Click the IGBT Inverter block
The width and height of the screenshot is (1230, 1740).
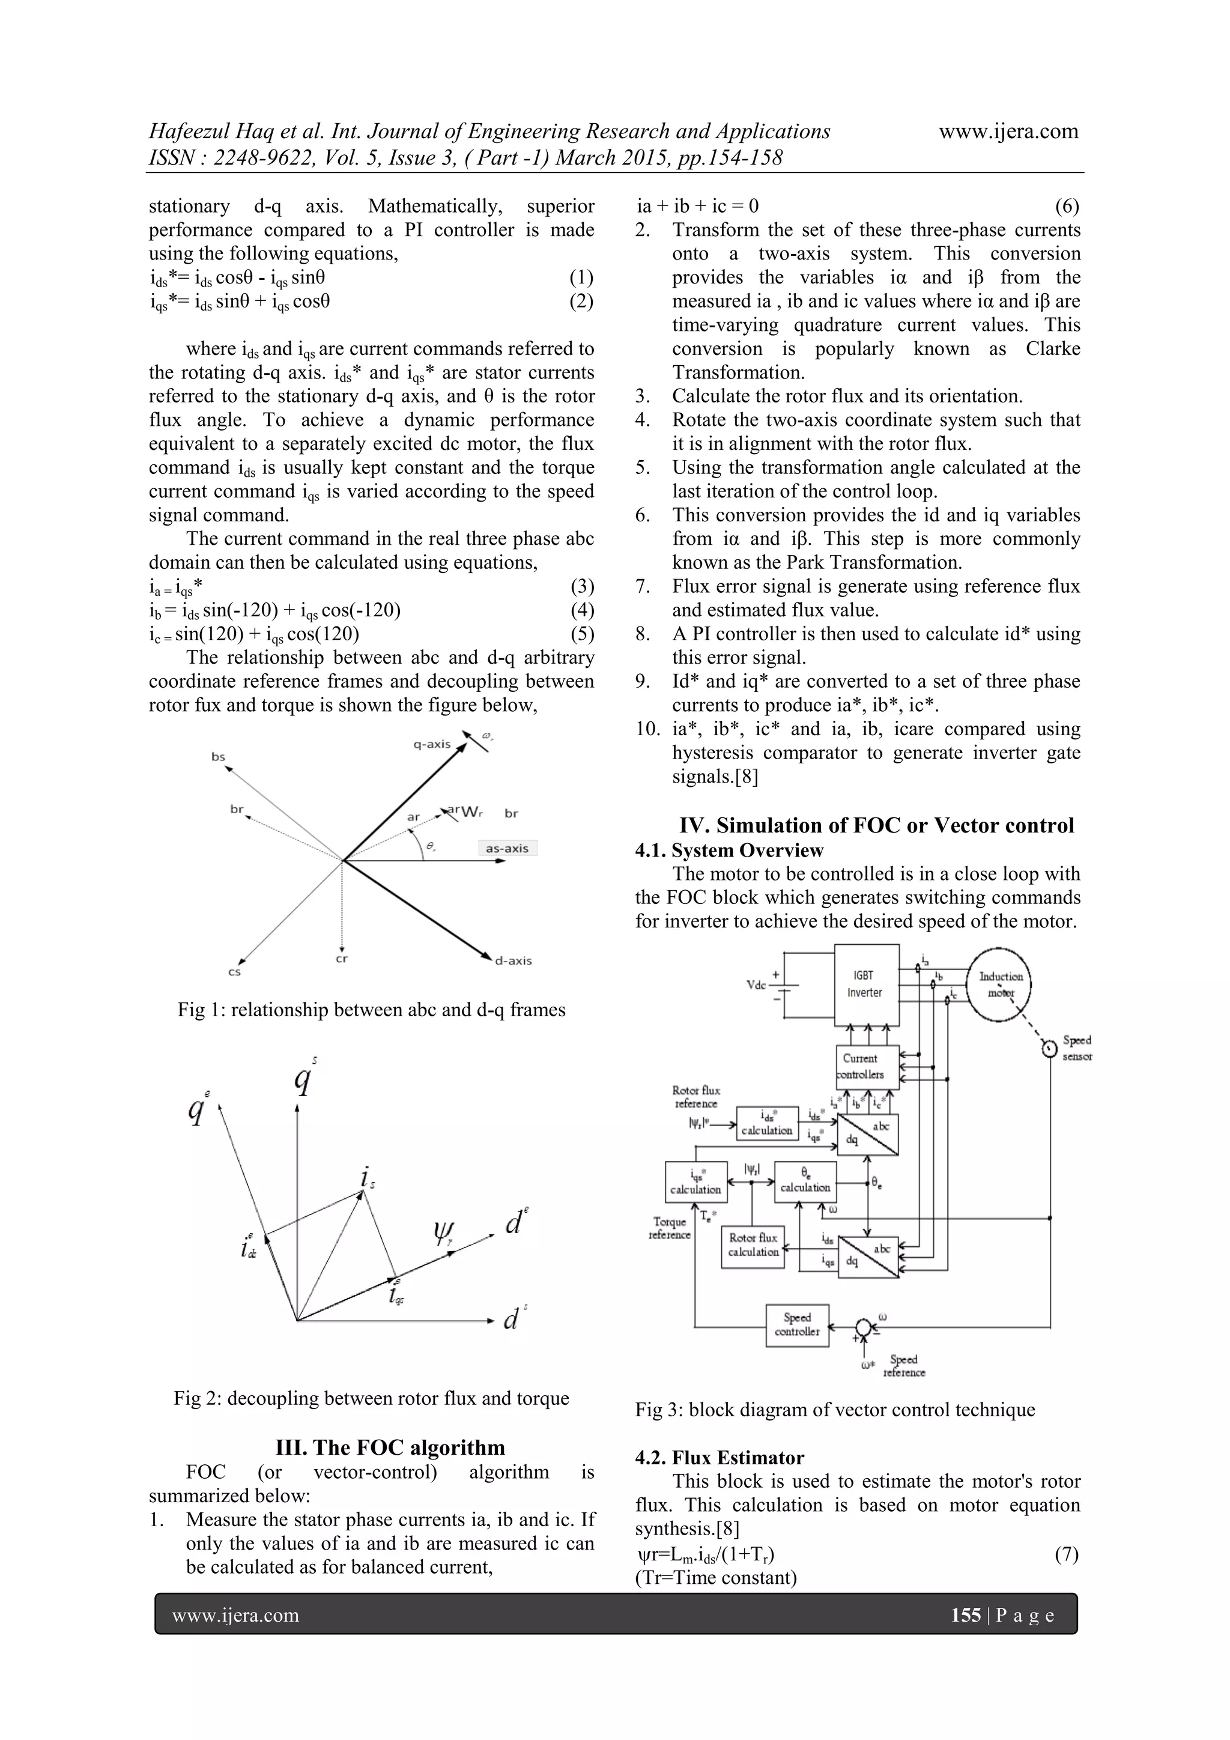point(866,984)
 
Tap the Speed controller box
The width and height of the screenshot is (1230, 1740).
point(797,1325)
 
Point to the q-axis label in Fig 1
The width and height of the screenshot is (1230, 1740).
point(432,744)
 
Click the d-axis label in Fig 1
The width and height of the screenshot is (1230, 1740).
point(513,961)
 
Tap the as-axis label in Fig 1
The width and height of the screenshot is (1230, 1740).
point(507,848)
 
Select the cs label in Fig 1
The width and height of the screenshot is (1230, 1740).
point(234,972)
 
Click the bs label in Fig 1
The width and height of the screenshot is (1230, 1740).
point(218,756)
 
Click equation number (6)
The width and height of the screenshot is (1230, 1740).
point(1067,206)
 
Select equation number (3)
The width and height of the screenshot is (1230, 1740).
point(581,587)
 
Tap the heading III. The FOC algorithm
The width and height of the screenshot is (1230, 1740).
point(390,1447)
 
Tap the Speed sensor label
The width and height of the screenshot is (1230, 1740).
point(1076,1048)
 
